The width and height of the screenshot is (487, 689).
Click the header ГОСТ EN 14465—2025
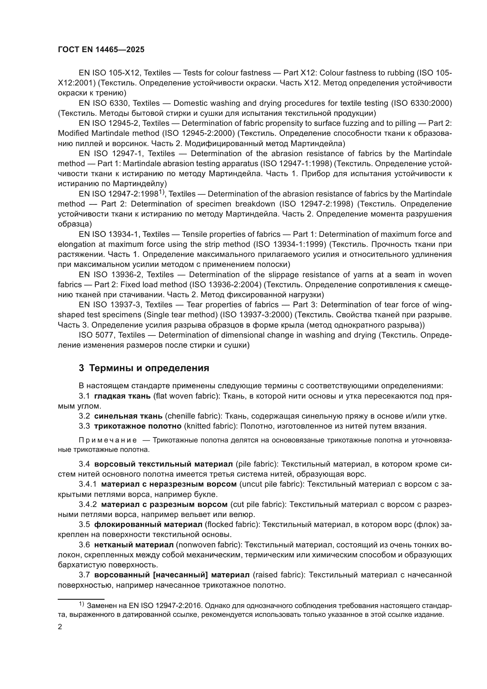[101, 50]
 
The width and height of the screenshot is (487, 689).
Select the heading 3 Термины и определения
[144, 368]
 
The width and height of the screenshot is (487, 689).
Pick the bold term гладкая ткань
[122, 396]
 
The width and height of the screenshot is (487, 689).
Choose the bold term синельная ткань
[128, 416]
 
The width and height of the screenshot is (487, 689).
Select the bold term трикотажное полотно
[138, 426]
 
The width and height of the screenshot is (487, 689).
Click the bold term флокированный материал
[148, 524]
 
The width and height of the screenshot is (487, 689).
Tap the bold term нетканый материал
[134, 544]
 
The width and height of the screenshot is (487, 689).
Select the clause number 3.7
[84, 575]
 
